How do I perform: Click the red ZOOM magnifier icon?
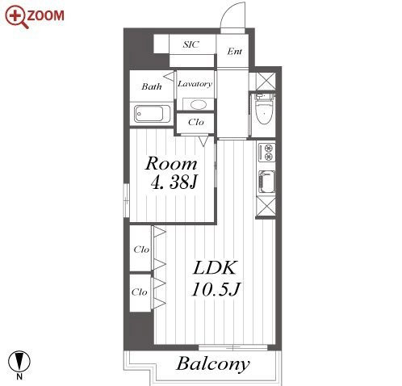[x=16, y=17]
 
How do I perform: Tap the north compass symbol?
[x=19, y=361]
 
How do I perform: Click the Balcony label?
[x=212, y=364]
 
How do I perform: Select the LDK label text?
[x=215, y=267]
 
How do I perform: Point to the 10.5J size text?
[x=216, y=289]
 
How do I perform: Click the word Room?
[x=171, y=163]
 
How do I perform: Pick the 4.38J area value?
[x=174, y=183]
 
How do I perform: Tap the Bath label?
[x=152, y=86]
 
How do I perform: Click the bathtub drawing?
[x=153, y=114]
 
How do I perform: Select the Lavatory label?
[x=195, y=84]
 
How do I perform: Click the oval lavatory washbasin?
[x=198, y=104]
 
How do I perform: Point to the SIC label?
[x=191, y=44]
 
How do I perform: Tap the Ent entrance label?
[x=234, y=51]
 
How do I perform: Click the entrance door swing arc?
[x=228, y=10]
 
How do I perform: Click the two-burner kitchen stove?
[x=266, y=153]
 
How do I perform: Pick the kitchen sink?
[x=266, y=182]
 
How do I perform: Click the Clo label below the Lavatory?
[x=196, y=122]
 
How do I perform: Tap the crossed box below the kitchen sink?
[x=266, y=207]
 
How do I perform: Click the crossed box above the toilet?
[x=265, y=82]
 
